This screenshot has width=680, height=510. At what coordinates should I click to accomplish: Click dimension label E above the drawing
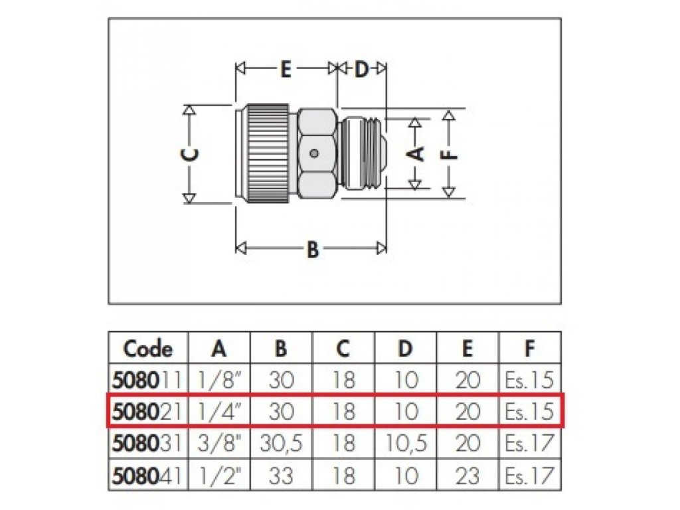click(x=285, y=70)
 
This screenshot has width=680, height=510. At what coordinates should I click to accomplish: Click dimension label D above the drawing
click(x=361, y=70)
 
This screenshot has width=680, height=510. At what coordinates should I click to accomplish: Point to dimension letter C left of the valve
click(x=190, y=153)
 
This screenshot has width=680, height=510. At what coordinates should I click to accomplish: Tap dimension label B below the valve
click(x=312, y=250)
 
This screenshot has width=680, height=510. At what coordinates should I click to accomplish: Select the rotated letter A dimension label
click(x=416, y=153)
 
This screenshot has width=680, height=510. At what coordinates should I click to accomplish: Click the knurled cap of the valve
click(x=266, y=154)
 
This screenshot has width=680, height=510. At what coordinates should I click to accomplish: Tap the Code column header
click(x=148, y=349)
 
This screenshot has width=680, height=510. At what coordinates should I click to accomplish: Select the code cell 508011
click(x=148, y=380)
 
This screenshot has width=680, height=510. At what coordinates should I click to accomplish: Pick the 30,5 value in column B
click(x=280, y=444)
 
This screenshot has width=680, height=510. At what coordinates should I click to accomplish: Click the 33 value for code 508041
click(x=280, y=475)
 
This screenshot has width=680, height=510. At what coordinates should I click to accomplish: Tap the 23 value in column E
click(x=467, y=475)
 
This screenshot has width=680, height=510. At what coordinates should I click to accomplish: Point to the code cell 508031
click(x=148, y=444)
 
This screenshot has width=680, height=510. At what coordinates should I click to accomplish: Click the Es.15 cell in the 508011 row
click(x=529, y=380)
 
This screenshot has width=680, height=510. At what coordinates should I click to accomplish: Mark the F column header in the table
click(x=529, y=349)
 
